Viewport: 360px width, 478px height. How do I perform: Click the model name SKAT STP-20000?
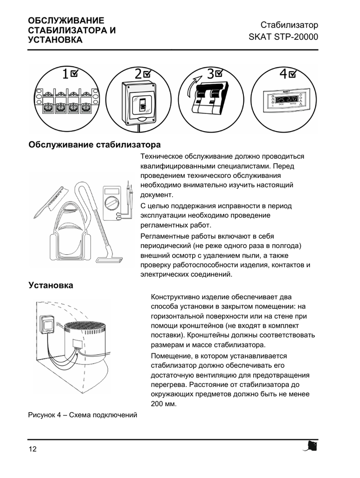click(284, 36)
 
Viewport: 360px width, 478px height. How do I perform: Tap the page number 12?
click(32, 450)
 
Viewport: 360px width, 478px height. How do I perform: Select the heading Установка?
click(51, 285)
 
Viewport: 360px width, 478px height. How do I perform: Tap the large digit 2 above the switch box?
click(138, 74)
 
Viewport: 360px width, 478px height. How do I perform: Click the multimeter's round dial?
click(111, 203)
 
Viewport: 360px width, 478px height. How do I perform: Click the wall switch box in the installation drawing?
click(48, 324)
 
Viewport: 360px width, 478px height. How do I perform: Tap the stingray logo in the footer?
click(311, 446)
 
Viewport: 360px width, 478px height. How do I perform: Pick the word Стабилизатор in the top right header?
click(289, 25)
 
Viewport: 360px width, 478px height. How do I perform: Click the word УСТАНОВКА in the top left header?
click(55, 40)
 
